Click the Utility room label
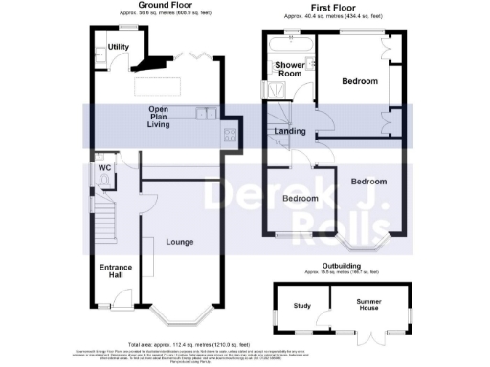tap(119, 47)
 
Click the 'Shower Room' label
tap(289, 69)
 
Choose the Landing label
tap(289, 131)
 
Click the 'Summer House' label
tap(368, 307)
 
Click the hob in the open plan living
tap(231, 135)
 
